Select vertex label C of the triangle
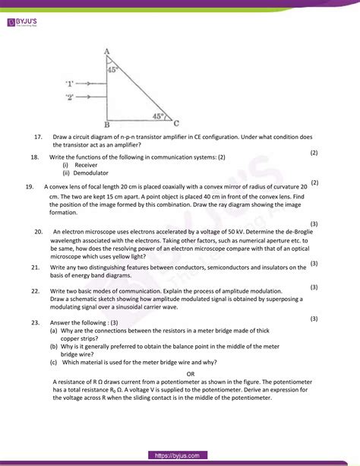click(x=177, y=122)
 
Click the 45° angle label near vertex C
click(x=158, y=116)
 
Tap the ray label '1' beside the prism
click(x=70, y=83)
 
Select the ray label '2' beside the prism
click(x=70, y=97)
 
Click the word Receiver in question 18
click(x=86, y=164)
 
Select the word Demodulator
click(x=90, y=173)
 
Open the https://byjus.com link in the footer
click(x=180, y=455)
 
